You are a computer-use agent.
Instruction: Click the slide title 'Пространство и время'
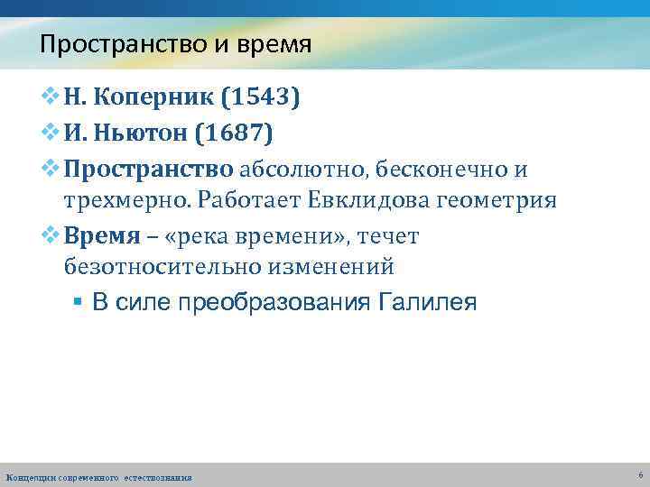point(175,44)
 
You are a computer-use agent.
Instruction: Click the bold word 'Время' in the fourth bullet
point(102,236)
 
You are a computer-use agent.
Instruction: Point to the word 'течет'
point(388,236)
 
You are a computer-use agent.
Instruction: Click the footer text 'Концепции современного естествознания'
point(98,477)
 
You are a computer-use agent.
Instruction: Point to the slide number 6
point(639,474)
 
